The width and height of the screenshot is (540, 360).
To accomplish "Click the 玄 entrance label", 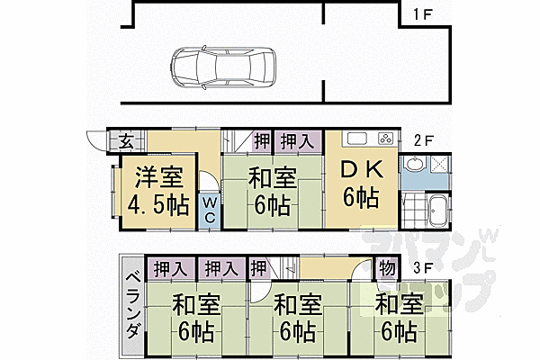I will pos(125,140).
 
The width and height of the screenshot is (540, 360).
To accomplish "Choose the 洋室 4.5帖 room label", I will pos(151,191).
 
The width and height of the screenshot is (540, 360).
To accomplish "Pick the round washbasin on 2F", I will pos(414,165).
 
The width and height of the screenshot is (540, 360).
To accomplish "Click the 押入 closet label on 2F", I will pos(297,141).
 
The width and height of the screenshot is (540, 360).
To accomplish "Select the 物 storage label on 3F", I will pos(385,268).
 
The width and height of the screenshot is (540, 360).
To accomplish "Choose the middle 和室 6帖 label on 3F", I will pos(293,316).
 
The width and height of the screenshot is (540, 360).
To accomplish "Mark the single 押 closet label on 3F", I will pos(257,268).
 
